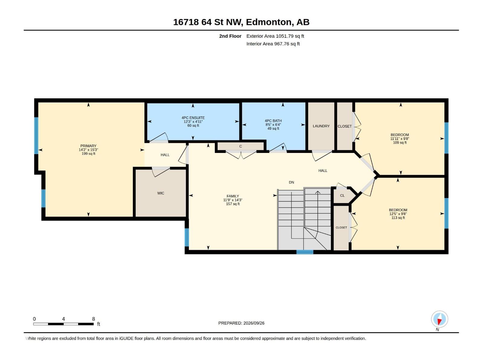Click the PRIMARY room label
[x=88, y=146]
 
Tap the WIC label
[x=161, y=193]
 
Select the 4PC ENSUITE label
[x=193, y=118]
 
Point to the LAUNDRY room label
[x=321, y=126]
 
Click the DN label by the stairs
[x=291, y=182]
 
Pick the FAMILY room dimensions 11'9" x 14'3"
[x=232, y=200]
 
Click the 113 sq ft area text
[x=398, y=218]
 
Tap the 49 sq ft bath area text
[x=273, y=129]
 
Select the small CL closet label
[x=342, y=195]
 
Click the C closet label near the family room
[x=241, y=146]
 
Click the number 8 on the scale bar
[x=93, y=319]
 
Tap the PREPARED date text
[x=241, y=323]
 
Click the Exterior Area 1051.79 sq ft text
[x=275, y=36]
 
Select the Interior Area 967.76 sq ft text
[x=273, y=44]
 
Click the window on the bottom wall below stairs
[x=305, y=252]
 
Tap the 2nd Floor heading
[x=230, y=36]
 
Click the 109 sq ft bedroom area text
[x=400, y=143]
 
